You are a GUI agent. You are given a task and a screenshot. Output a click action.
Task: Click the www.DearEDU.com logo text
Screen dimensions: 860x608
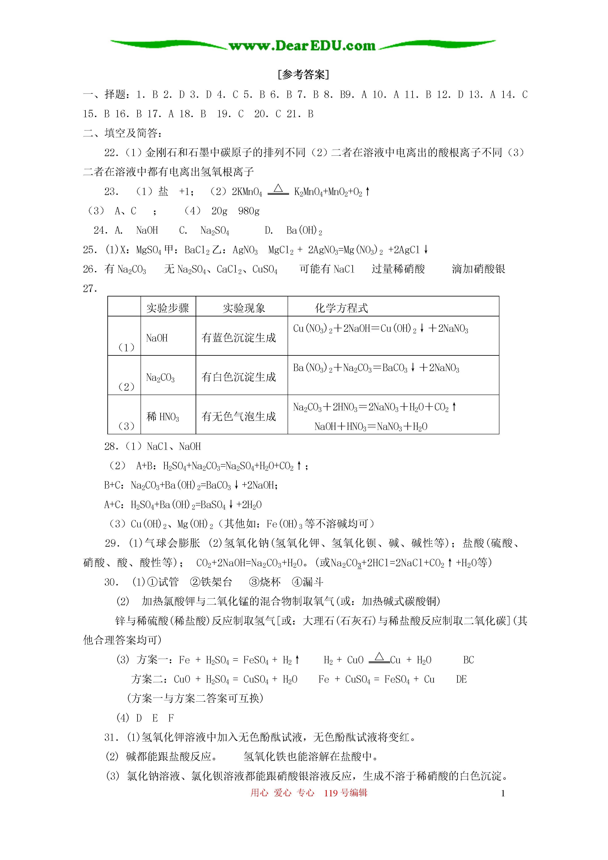tap(302, 46)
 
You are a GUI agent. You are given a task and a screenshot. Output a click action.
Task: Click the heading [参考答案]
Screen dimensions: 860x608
tap(303, 75)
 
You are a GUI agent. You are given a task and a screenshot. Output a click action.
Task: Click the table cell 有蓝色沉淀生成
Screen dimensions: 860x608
tap(239, 338)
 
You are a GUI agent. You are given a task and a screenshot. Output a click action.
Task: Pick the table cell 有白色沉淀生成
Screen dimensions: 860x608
tap(239, 377)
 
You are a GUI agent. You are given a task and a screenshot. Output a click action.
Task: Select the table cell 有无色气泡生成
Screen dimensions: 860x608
tap(239, 416)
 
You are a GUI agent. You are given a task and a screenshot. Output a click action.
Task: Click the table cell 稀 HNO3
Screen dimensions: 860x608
tap(163, 416)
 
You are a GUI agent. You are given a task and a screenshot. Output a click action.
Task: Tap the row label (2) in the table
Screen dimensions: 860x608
tap(126, 387)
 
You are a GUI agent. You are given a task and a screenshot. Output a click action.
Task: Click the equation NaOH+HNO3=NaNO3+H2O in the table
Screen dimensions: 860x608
tap(371, 427)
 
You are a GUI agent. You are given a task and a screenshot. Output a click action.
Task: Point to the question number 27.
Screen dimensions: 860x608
tap(90, 288)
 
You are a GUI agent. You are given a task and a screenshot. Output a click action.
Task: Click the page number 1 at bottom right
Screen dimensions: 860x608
tap(503, 793)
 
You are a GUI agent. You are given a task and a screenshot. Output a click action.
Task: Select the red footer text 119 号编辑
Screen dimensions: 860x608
tap(345, 793)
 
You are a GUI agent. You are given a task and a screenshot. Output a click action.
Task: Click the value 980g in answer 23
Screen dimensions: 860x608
tap(249, 211)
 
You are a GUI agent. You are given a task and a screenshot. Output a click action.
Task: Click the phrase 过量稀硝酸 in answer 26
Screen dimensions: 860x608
tap(398, 269)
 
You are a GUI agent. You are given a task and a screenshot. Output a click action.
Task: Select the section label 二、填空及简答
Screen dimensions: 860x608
tap(122, 133)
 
